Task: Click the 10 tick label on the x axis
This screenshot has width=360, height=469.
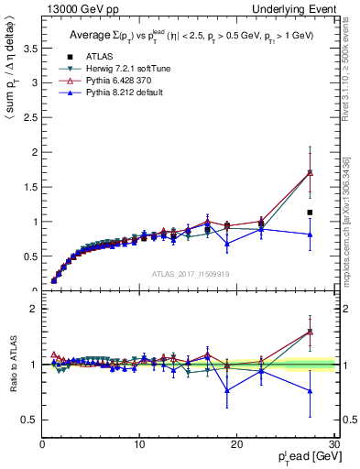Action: point(139,444)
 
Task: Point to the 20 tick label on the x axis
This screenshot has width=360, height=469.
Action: point(236,444)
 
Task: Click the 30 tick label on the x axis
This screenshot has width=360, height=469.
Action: point(333,444)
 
